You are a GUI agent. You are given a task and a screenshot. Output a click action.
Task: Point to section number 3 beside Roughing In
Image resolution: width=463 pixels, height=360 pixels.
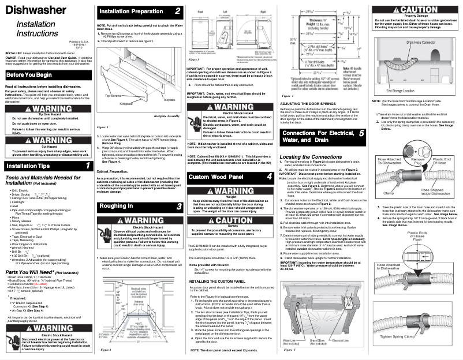(x=179, y=206)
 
